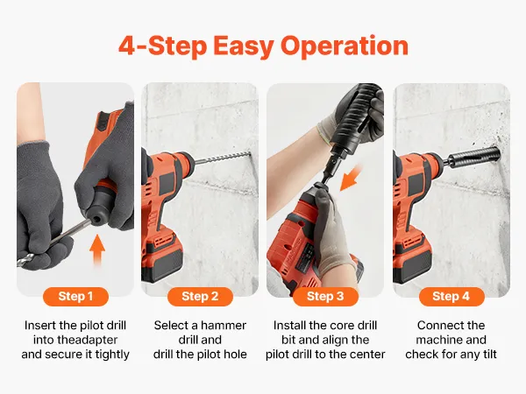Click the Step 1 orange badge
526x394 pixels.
coord(75,296)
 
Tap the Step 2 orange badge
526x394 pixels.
coord(200,296)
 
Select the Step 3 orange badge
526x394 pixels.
coord(325,296)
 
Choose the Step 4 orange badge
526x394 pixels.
coord(451,296)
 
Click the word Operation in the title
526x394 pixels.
coord(345,47)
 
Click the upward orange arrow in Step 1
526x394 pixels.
coord(97,250)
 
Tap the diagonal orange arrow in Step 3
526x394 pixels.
coord(352,178)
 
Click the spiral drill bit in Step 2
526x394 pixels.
coord(223,157)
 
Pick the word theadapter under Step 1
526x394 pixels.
coord(75,340)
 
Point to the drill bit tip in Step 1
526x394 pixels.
coord(19,264)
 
